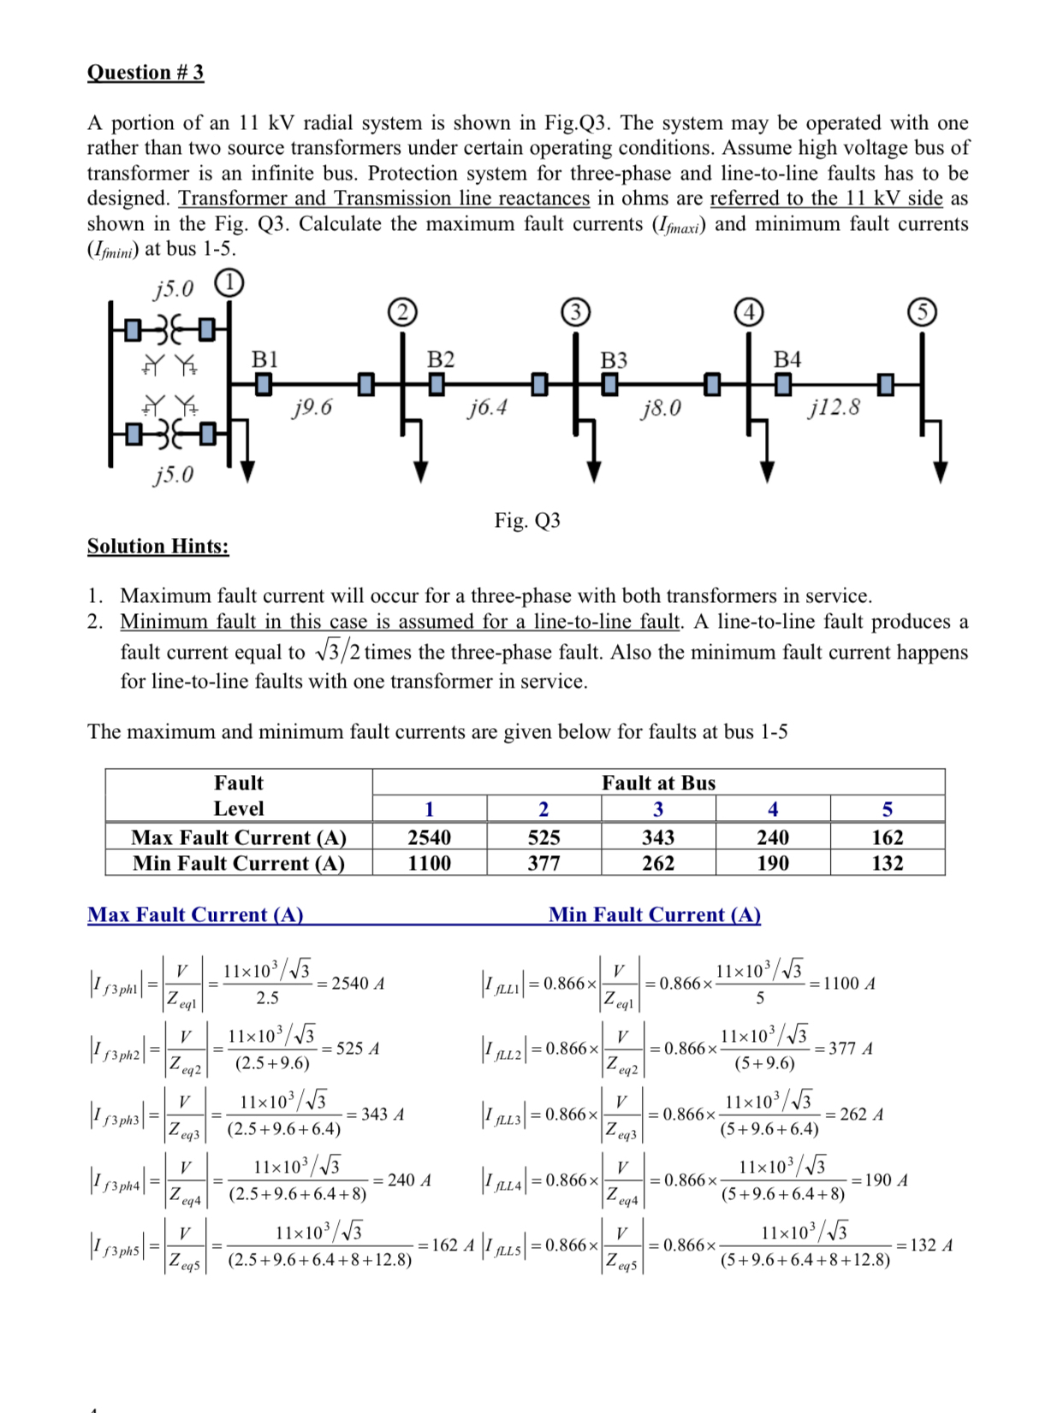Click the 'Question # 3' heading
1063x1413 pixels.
(x=145, y=72)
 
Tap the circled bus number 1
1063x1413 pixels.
(x=229, y=282)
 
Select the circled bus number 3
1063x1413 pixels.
(x=576, y=312)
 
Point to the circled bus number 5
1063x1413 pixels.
(x=922, y=312)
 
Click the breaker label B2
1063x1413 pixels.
(x=441, y=359)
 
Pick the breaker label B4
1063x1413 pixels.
(x=787, y=359)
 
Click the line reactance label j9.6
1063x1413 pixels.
(x=312, y=407)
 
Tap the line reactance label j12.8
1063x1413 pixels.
(x=834, y=407)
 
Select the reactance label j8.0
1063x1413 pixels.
(x=661, y=408)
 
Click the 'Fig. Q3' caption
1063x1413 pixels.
(x=527, y=520)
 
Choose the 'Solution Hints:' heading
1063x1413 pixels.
(x=158, y=546)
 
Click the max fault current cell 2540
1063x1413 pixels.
(x=429, y=837)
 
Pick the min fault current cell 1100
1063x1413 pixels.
(x=429, y=863)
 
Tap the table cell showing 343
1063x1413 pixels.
(x=658, y=837)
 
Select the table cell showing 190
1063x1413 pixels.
(x=773, y=863)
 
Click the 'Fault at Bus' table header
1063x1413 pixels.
(x=658, y=783)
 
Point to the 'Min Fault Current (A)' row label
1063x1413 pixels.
(x=239, y=863)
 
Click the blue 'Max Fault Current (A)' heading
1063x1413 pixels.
(x=195, y=914)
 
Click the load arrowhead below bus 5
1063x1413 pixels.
(x=941, y=473)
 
